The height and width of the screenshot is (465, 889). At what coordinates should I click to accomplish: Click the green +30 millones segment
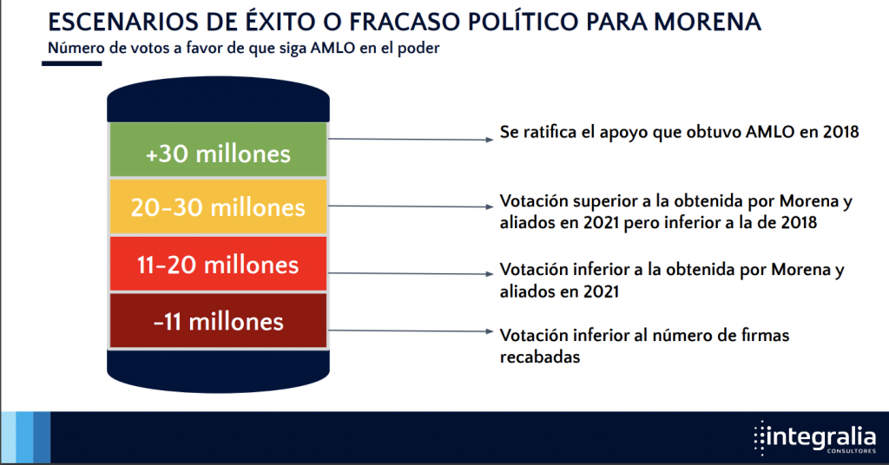point(218,149)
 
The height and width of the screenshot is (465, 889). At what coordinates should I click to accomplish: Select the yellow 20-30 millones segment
point(218,206)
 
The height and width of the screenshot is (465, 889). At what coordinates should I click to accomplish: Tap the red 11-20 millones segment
point(218,264)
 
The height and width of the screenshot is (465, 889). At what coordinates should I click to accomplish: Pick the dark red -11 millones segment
point(218,321)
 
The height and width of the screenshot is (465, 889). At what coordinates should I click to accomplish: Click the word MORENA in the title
point(707,22)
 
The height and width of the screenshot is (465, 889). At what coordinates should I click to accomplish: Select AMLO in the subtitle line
point(333,48)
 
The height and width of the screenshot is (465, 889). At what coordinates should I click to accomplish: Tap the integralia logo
point(815,438)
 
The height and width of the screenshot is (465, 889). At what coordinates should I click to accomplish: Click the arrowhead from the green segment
point(491,140)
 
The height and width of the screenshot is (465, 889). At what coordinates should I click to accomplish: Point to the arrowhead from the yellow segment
point(491,206)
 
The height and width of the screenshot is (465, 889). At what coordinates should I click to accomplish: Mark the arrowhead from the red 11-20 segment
point(491,274)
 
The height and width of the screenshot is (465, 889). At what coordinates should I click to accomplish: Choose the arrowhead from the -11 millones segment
point(491,331)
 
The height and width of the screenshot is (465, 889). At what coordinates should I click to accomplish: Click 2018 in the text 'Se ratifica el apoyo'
point(840,132)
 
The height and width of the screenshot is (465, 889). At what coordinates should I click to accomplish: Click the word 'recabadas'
point(540,357)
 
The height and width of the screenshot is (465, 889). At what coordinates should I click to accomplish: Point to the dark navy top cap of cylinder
point(218,101)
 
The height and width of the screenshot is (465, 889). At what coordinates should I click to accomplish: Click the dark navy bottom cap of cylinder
point(218,370)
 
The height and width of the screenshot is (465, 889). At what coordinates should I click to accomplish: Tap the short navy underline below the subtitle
point(72,63)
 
